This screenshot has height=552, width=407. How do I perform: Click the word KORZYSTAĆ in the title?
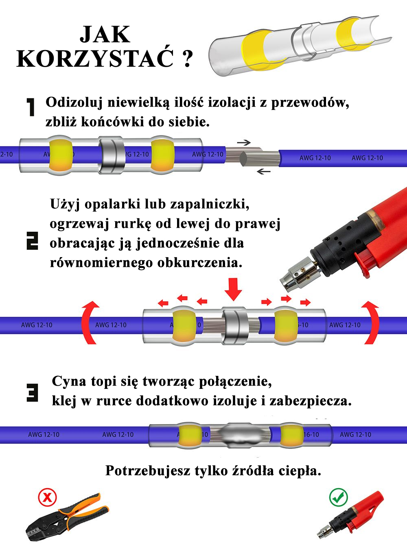point(94,59)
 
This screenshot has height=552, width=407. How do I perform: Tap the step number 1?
point(31,107)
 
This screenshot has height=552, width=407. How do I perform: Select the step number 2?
point(32,240)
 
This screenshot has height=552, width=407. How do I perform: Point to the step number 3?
point(32,393)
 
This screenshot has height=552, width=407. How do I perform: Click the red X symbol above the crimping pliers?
point(47,497)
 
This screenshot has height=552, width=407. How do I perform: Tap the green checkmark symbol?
point(338,497)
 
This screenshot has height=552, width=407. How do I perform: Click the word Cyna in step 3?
point(69,382)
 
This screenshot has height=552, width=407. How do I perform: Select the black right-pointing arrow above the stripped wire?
point(244,142)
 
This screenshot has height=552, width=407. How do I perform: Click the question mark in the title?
point(187,59)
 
